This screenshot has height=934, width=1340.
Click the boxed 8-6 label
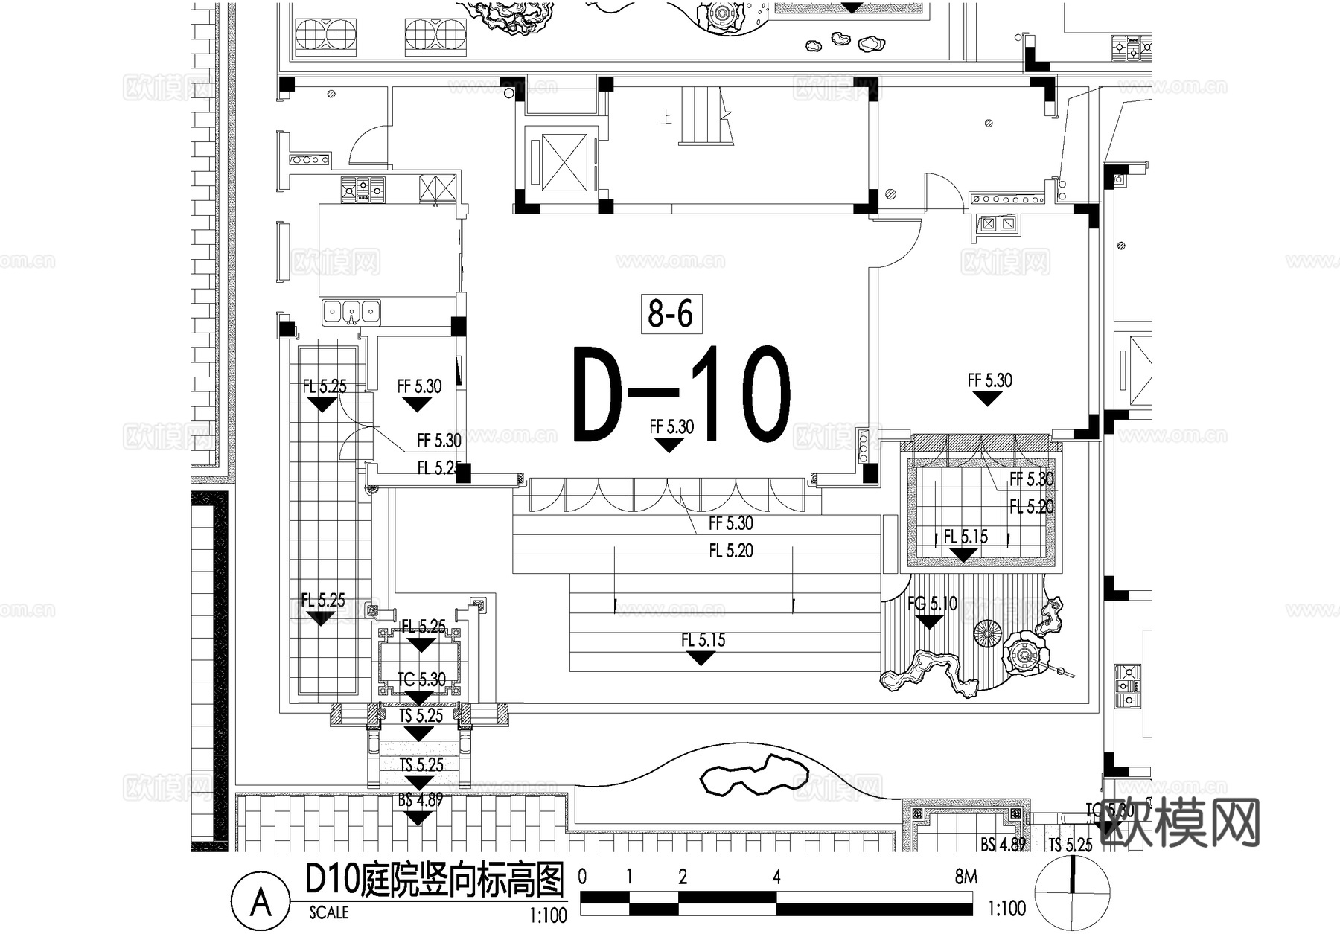pyautogui.click(x=670, y=313)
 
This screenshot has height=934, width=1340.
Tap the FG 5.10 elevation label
pyautogui.click(x=932, y=604)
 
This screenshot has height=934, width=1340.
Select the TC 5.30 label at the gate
pyautogui.click(x=421, y=679)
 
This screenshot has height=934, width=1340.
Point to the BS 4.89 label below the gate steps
pyautogui.click(x=420, y=800)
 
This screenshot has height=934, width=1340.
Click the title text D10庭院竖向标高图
pyautogui.click(x=435, y=880)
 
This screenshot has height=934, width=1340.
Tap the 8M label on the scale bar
pyautogui.click(x=966, y=877)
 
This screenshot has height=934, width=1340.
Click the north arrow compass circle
pyautogui.click(x=1072, y=892)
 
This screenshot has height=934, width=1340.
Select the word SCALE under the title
pyautogui.click(x=328, y=912)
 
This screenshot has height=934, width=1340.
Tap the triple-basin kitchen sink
pyautogui.click(x=351, y=310)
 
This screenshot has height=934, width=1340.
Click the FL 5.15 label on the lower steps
pyautogui.click(x=703, y=640)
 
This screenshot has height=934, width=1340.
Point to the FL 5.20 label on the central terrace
pyautogui.click(x=730, y=551)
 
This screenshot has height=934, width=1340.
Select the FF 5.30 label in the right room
pyautogui.click(x=989, y=381)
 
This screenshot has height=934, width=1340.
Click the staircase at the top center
pyautogui.click(x=703, y=116)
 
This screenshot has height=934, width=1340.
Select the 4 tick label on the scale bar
pyautogui.click(x=776, y=877)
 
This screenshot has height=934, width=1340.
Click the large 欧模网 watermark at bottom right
pyautogui.click(x=1180, y=822)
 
